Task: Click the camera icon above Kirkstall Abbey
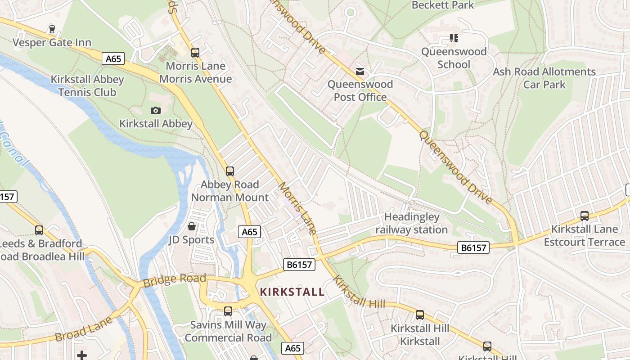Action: [x=155, y=110]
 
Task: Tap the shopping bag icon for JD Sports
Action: [x=192, y=226]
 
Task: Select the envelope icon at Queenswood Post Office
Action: [x=360, y=71]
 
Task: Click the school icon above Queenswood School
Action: [x=454, y=38]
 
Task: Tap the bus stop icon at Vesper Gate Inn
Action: [x=52, y=29]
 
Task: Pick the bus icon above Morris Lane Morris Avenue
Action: [x=195, y=53]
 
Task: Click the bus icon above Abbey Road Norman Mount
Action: [x=230, y=171]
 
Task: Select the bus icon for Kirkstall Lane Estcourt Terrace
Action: [x=584, y=216]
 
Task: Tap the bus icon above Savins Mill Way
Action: [x=228, y=311]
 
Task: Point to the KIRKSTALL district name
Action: [x=292, y=292]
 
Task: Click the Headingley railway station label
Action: [x=411, y=223]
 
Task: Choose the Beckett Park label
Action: [x=443, y=5]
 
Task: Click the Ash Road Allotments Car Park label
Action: [x=544, y=78]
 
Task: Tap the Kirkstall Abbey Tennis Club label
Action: [x=87, y=85]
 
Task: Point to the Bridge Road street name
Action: [x=174, y=280]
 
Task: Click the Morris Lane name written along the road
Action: [x=297, y=207]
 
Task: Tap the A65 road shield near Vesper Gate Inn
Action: [x=113, y=58]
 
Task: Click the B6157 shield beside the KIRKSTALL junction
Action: [x=299, y=265]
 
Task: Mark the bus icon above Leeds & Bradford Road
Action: [x=39, y=230]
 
